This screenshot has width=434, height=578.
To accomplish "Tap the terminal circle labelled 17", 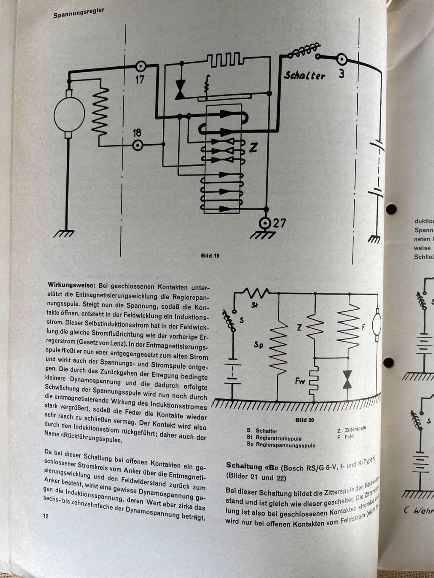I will tap(140, 66).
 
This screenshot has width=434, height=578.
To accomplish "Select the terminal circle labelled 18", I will tap(137, 146).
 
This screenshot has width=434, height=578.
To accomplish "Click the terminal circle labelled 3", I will tap(341, 59).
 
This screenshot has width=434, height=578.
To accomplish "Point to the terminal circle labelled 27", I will tap(266, 223).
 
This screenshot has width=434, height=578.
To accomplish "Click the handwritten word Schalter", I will tap(304, 76).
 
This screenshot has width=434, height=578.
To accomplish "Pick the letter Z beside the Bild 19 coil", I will tap(253, 148).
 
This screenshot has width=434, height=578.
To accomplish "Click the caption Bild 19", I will tap(210, 256).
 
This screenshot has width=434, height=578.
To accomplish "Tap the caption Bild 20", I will tap(305, 420).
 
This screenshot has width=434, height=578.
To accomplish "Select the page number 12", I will tap(45, 516).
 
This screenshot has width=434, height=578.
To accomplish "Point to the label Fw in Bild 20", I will tap(300, 380).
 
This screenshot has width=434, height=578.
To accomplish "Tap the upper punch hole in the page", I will tap(391, 209).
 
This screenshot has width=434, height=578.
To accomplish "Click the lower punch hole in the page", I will tap(388, 362).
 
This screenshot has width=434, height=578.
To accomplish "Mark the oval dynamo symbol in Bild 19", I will tap(69, 115).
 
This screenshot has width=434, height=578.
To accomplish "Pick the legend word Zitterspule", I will tap(355, 429).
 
